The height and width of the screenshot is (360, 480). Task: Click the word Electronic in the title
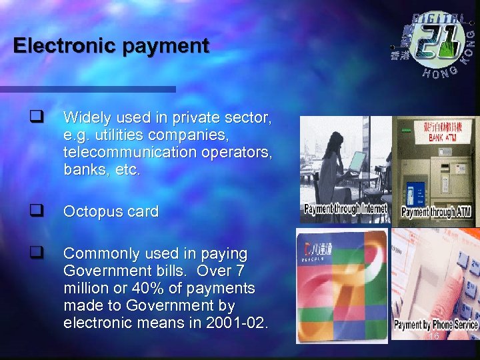click(x=55, y=46)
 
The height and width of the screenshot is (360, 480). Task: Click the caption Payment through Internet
click(x=345, y=209)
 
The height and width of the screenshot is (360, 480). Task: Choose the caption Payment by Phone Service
click(x=435, y=325)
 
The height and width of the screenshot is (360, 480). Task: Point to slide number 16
click(x=433, y=337)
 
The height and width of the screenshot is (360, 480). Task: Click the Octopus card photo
click(x=342, y=283)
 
